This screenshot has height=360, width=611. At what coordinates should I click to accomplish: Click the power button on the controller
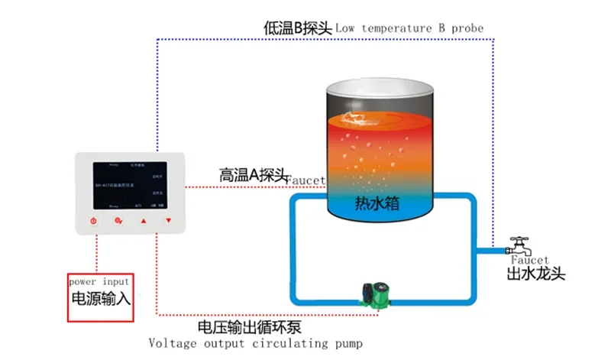click(93, 222)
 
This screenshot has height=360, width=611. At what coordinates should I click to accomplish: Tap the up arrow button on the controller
click(143, 222)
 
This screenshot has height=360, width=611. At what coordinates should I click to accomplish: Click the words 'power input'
click(99, 281)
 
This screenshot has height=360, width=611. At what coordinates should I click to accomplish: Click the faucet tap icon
click(522, 246)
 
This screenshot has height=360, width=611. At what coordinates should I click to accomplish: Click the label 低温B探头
click(297, 28)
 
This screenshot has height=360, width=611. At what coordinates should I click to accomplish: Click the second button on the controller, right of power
click(118, 222)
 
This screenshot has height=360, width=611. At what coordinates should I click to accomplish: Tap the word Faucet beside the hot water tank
click(305, 180)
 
